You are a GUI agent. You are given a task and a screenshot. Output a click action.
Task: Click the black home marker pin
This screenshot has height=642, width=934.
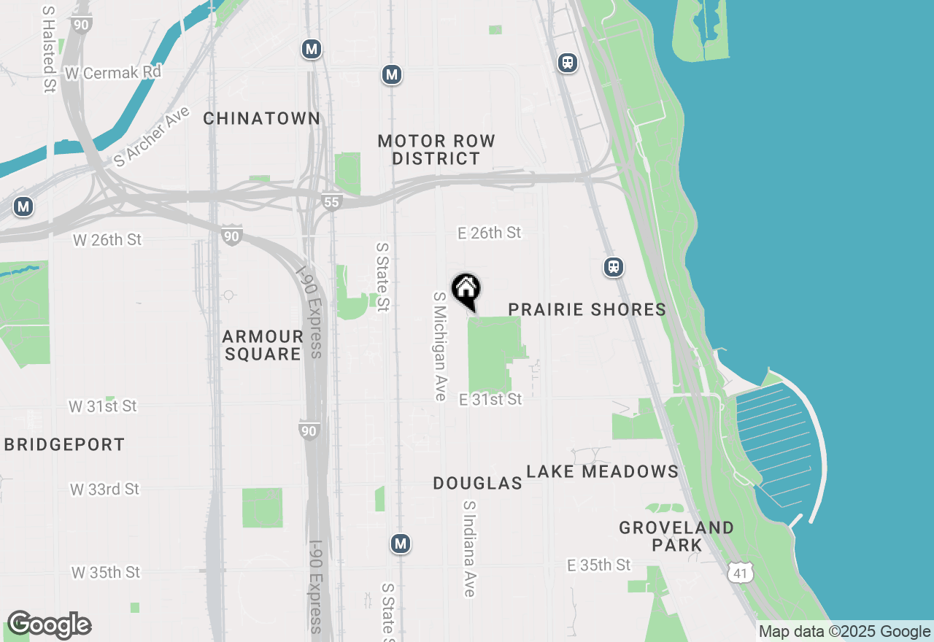pyautogui.click(x=466, y=290)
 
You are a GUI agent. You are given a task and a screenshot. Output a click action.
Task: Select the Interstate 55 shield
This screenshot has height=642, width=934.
pyautogui.click(x=331, y=201)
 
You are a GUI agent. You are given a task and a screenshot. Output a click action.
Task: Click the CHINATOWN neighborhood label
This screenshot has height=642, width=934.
pyautogui.click(x=261, y=118)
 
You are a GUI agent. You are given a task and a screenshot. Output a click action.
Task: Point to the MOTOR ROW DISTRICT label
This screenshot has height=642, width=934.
pyautogui.click(x=436, y=150)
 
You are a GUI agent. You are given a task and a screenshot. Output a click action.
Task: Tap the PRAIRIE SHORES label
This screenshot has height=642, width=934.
pyautogui.click(x=587, y=309)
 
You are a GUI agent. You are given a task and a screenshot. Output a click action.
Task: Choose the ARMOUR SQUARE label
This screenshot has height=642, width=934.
pyautogui.click(x=262, y=345)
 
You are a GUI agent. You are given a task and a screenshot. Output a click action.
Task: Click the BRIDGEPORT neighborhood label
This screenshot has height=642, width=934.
pyautogui.click(x=64, y=444)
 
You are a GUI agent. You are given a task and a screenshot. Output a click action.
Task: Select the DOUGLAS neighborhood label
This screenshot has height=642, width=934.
pyautogui.click(x=477, y=483)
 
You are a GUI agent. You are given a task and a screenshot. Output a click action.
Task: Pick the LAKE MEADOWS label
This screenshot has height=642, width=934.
pyautogui.click(x=603, y=471)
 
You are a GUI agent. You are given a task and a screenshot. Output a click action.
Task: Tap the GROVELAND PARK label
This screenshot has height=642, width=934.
pyautogui.click(x=676, y=536)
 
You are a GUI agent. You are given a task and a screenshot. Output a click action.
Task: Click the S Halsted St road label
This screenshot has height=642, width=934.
pyautogui.click(x=49, y=50)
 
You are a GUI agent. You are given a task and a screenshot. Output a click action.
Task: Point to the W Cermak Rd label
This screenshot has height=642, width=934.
pyautogui.click(x=112, y=73)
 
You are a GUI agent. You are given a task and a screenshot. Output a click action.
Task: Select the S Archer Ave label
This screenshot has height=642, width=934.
pyautogui.click(x=152, y=136)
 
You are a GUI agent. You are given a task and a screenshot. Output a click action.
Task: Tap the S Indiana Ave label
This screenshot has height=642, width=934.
pyautogui.click(x=469, y=549)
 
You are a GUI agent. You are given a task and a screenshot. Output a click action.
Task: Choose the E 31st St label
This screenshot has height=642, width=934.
pyautogui.click(x=490, y=399)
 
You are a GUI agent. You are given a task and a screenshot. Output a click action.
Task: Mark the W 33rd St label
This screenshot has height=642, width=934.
pyautogui.click(x=104, y=489)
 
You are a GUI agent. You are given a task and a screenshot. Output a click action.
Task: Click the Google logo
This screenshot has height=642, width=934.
pyautogui.click(x=48, y=624)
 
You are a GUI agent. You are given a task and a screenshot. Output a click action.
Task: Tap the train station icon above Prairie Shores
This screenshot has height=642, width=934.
pyautogui.click(x=614, y=267)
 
